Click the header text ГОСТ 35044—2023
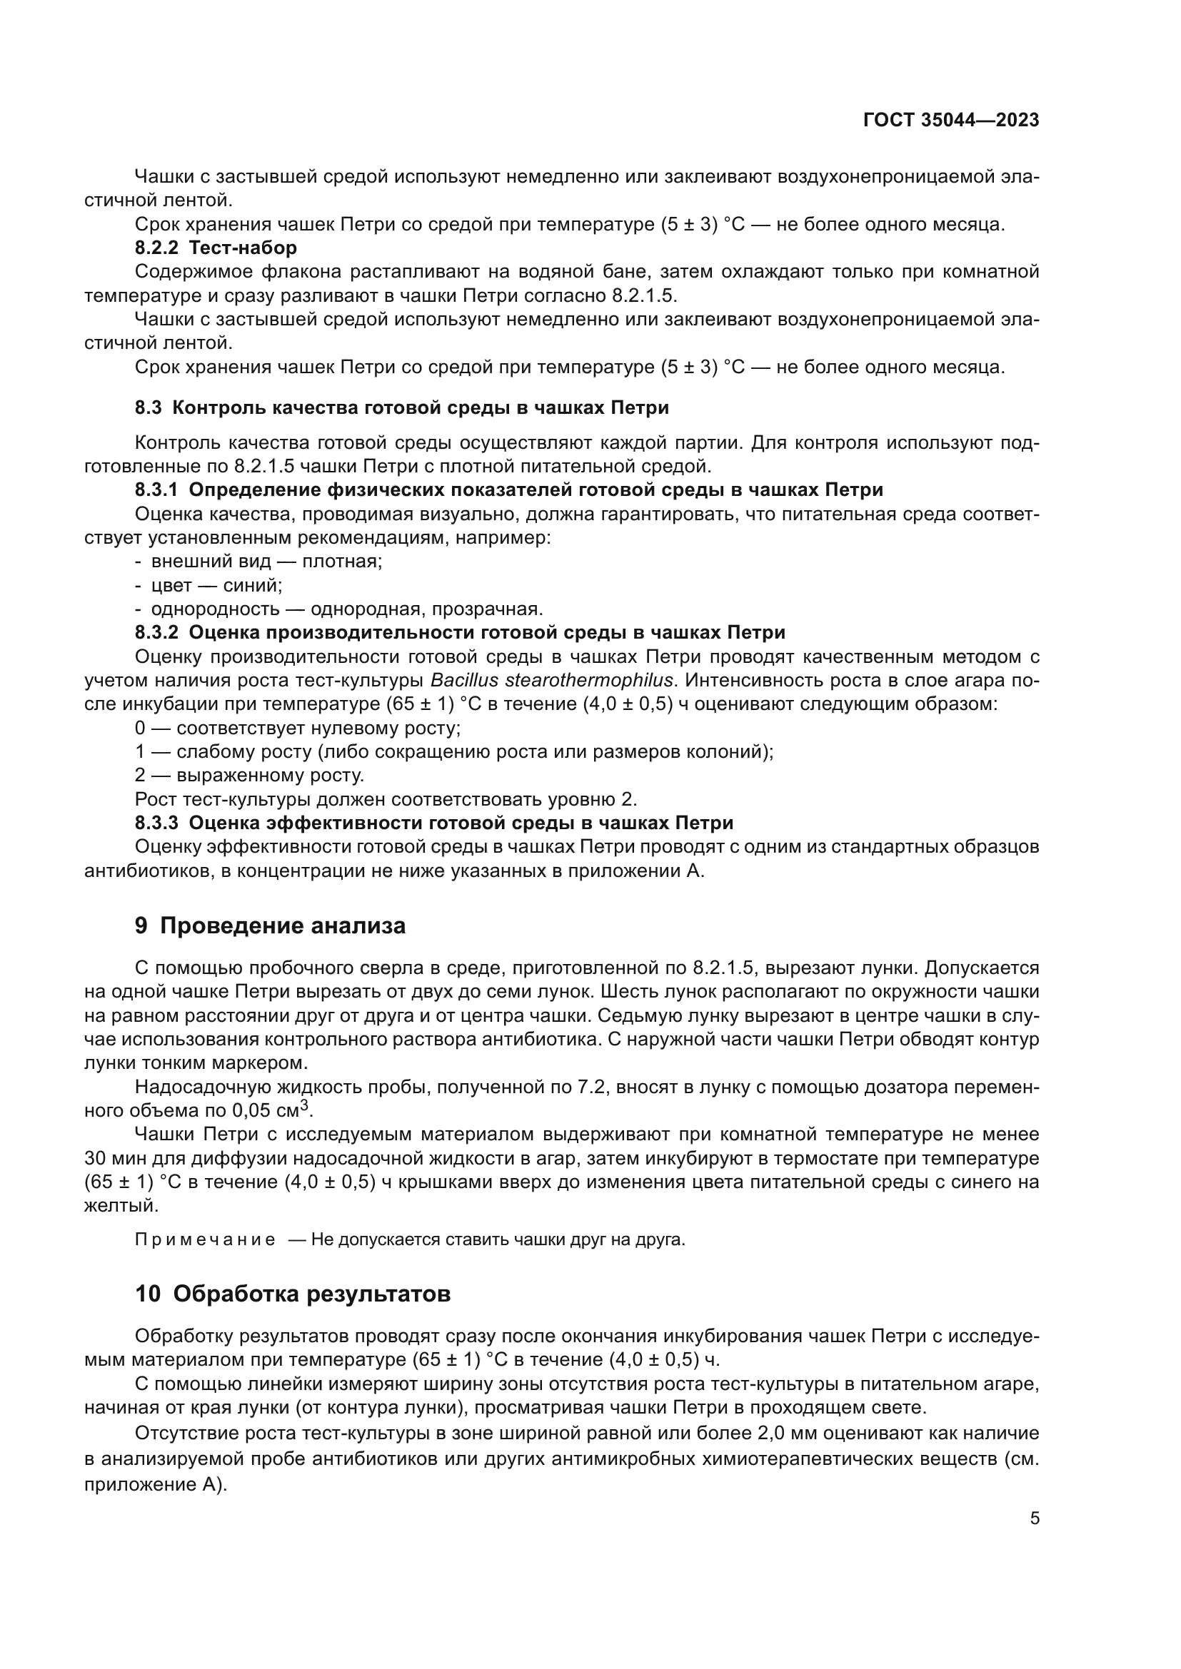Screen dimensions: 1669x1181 (950, 121)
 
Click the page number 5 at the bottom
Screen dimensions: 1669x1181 (1034, 1518)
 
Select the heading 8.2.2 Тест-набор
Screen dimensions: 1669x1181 (216, 248)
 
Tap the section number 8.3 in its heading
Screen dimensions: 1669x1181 (149, 408)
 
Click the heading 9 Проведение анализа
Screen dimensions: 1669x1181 (270, 926)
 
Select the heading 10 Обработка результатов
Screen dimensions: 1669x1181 (292, 1294)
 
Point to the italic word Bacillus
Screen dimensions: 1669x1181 (463, 681)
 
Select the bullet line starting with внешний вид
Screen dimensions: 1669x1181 (266, 561)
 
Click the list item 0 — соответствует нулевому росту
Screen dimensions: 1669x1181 (298, 728)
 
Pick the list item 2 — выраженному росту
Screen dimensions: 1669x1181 (249, 776)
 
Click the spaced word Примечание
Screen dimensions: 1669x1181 (205, 1239)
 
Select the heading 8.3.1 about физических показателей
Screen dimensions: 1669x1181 (509, 490)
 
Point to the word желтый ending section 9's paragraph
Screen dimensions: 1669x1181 (120, 1205)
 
